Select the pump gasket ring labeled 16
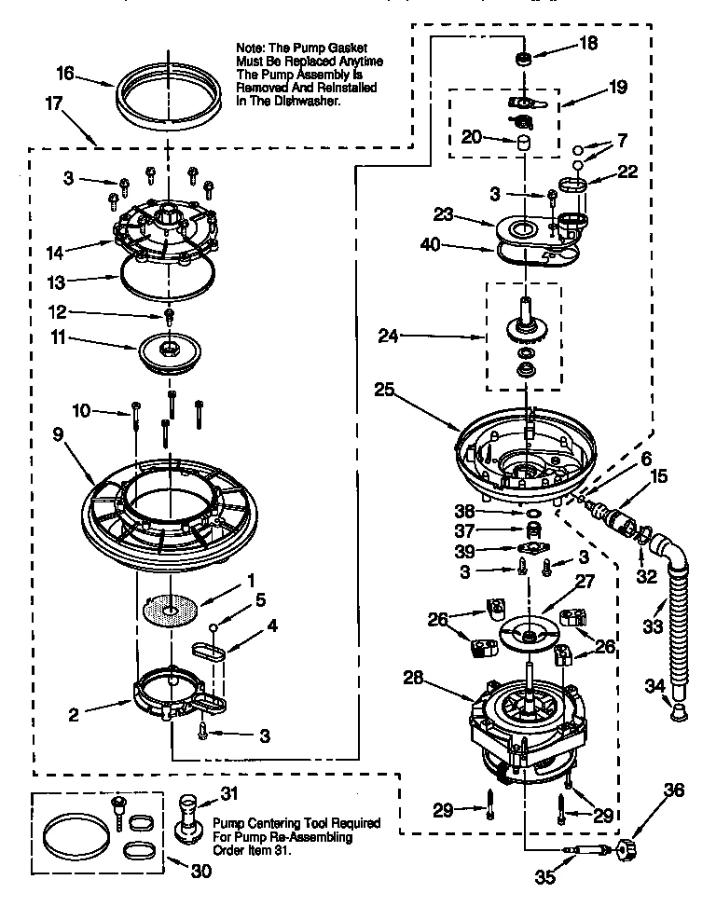tap(169, 93)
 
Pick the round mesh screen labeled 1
tap(170, 612)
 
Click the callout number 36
tap(673, 790)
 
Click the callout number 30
tap(200, 872)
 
